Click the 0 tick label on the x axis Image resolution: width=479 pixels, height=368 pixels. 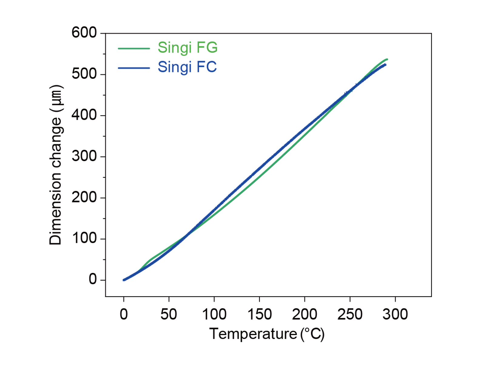124,314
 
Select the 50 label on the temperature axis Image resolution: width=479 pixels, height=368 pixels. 169,314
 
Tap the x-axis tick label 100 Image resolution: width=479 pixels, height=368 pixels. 214,314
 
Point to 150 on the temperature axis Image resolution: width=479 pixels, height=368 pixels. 259,314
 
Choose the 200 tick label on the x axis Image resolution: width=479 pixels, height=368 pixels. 305,314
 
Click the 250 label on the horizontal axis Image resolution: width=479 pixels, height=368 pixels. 350,314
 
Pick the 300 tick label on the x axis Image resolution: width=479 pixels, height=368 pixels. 395,314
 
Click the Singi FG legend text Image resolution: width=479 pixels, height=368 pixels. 187,48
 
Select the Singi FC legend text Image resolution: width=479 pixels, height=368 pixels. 187,67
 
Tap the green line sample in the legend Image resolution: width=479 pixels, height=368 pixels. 133,48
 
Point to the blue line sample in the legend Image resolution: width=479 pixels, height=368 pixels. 133,68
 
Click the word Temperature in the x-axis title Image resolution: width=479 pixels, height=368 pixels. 253,334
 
